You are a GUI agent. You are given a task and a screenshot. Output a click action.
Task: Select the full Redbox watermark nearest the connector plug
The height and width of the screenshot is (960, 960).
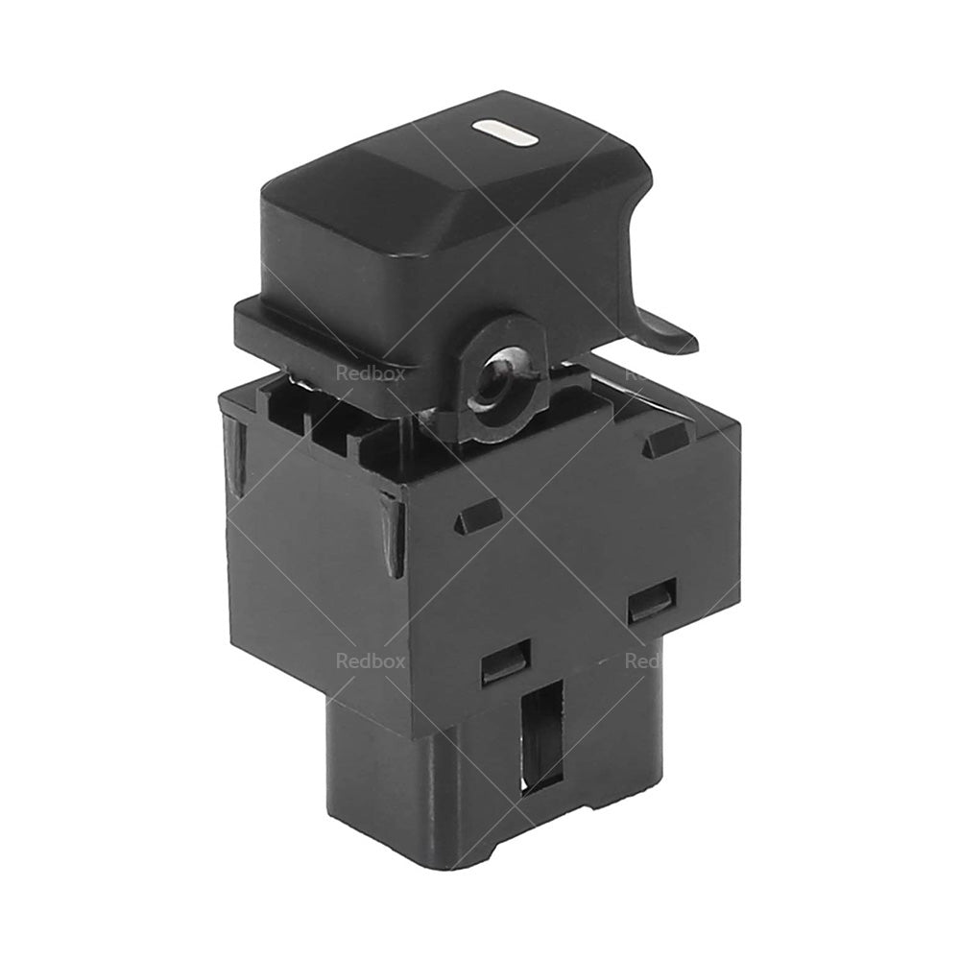pyautogui.click(x=370, y=660)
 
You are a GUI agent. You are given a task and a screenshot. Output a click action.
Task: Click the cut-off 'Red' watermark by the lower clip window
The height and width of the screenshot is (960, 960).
pyautogui.click(x=640, y=660)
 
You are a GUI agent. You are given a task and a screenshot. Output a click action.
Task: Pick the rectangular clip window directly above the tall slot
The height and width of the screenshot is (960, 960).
pyautogui.click(x=504, y=662)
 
